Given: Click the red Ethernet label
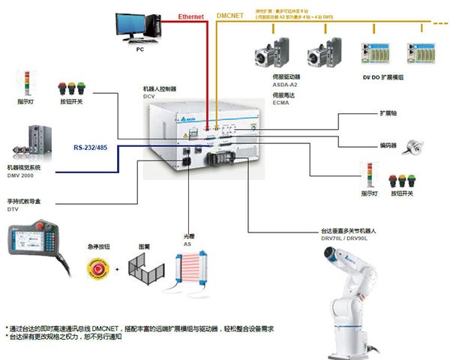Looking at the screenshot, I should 192,16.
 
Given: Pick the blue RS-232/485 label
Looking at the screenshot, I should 90,148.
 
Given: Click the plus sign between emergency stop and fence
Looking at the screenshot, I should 115,268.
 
